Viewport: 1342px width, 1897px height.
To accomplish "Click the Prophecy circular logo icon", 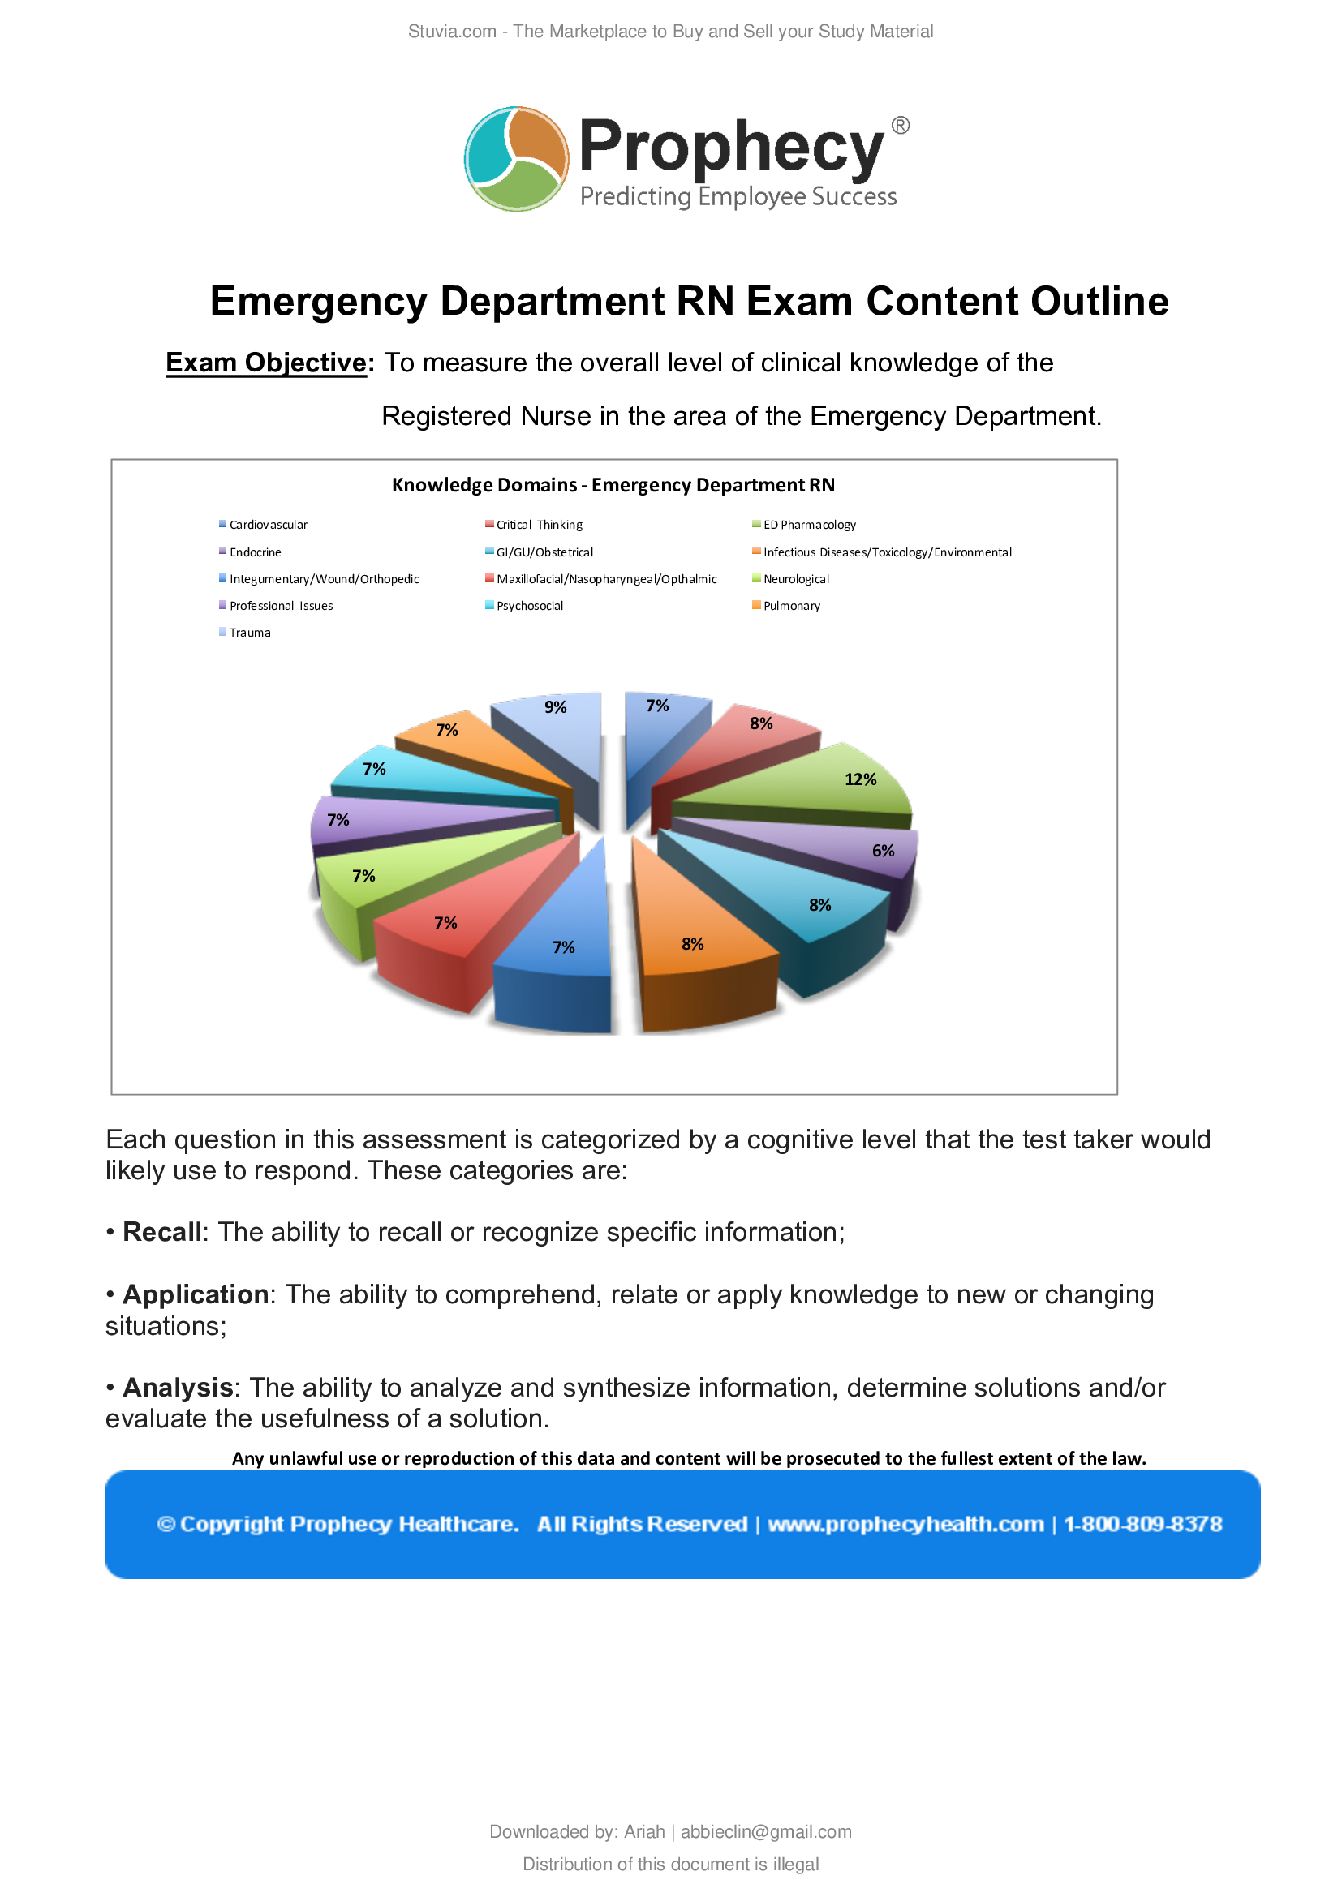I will click(517, 159).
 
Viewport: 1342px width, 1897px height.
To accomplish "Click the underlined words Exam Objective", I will click(266, 363).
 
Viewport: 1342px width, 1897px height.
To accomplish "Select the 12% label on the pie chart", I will click(860, 779).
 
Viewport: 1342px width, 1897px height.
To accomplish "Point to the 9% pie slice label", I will click(555, 707).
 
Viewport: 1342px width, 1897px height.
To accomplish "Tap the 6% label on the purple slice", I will click(883, 850).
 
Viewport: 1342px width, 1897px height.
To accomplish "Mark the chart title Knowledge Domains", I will click(613, 485).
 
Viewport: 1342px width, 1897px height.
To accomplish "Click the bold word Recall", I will click(162, 1232).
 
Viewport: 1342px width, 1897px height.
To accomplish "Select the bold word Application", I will click(195, 1294).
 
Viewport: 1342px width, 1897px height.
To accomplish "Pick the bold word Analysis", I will click(177, 1387).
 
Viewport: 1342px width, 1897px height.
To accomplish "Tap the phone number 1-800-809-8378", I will click(1142, 1524).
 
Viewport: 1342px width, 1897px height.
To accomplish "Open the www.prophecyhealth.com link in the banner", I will click(905, 1524).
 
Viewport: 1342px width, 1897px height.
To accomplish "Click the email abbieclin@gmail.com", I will click(765, 1832).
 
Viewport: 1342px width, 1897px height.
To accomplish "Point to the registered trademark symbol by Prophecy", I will click(901, 126).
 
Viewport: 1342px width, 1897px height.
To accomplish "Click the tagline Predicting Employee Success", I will click(738, 196).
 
